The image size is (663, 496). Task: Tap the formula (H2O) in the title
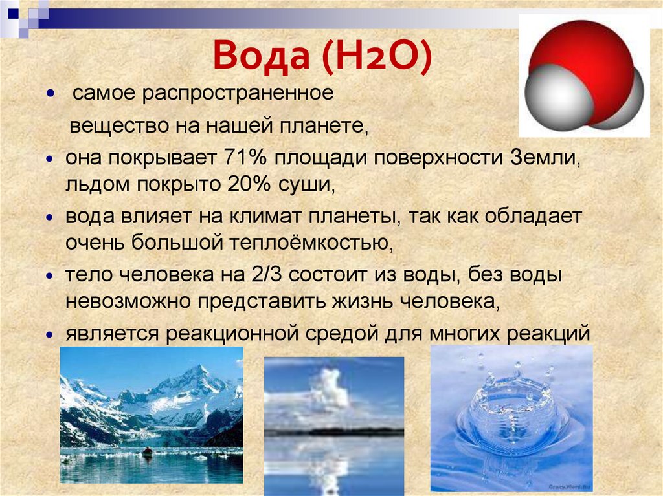click(x=377, y=56)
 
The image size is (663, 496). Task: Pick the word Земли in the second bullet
click(x=545, y=158)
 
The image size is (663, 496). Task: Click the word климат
click(x=265, y=217)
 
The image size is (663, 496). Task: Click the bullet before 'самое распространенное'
click(x=51, y=93)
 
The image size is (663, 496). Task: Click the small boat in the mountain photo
click(x=147, y=451)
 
